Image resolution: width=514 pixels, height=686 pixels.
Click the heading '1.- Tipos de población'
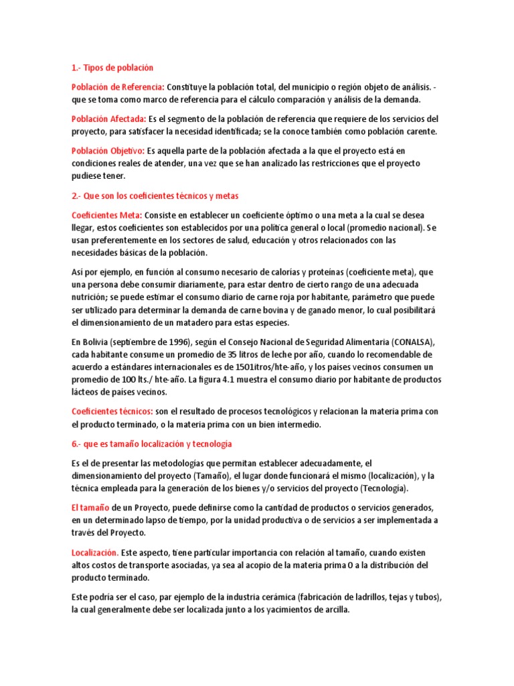[x=112, y=68]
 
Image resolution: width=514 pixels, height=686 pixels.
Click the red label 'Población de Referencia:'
[x=118, y=87]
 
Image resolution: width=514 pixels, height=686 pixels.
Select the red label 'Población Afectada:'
[x=108, y=119]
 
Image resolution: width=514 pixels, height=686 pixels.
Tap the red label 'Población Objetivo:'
[x=107, y=151]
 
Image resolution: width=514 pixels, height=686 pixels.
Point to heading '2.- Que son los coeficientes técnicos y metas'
[x=155, y=196]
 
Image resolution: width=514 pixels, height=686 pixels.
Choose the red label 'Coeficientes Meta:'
[x=106, y=215]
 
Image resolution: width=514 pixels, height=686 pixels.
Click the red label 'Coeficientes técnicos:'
[x=112, y=411]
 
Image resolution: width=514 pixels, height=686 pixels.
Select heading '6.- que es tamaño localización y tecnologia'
[x=151, y=443]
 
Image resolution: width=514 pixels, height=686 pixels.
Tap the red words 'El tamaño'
[x=90, y=507]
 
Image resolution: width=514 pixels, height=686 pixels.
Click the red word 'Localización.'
[x=95, y=552]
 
